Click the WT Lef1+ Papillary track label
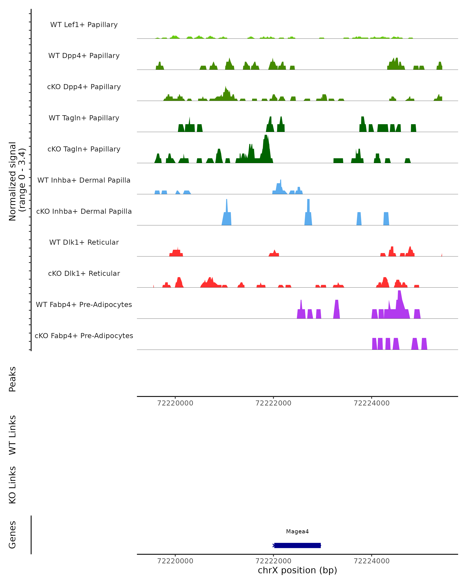[x=84, y=25]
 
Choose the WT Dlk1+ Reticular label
[x=84, y=242]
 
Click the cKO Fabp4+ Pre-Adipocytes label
[x=84, y=336]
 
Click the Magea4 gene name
[x=297, y=531]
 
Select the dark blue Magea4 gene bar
[x=297, y=545]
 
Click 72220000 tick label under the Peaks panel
[x=175, y=403]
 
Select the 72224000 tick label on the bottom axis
[x=371, y=561]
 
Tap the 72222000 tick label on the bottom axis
[x=273, y=561]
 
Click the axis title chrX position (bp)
[x=297, y=570]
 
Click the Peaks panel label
[x=12, y=379]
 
